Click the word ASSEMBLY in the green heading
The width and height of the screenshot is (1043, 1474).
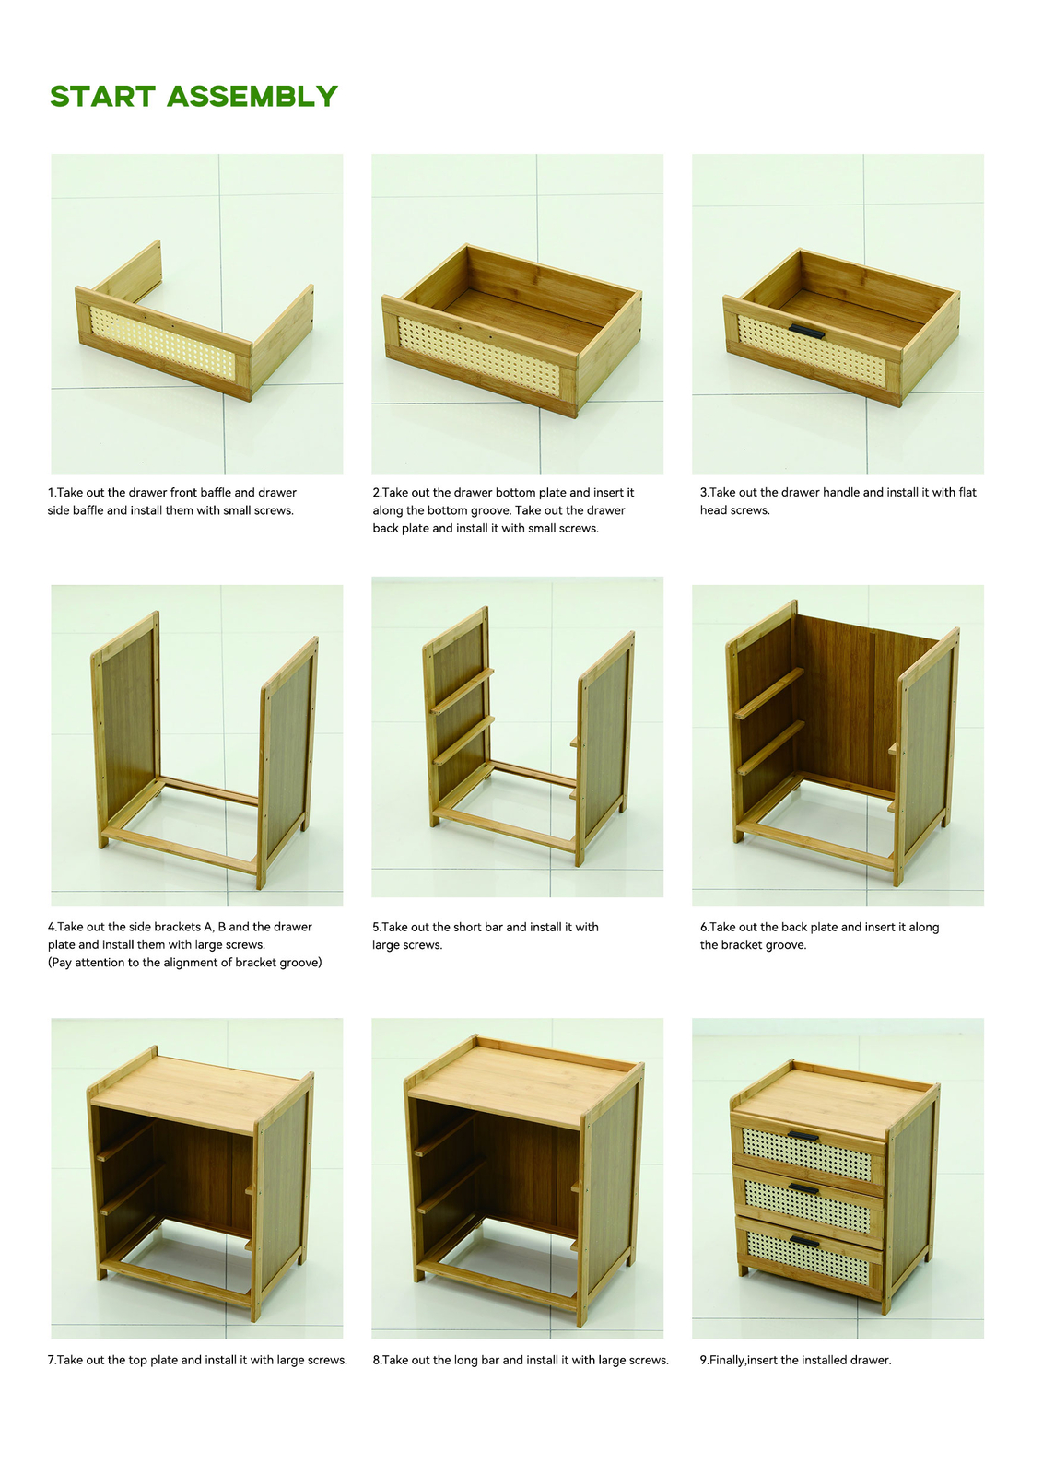[252, 96]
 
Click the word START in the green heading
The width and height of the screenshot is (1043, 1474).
[102, 96]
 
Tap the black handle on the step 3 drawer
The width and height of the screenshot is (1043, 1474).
[806, 331]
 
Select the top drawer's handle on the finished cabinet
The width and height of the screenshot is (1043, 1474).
[803, 1137]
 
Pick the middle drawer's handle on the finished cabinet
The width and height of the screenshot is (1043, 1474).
[803, 1188]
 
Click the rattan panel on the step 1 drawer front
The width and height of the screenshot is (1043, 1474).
[162, 343]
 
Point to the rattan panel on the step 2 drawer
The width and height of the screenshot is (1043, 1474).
[478, 357]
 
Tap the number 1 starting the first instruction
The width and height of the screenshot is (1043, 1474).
[51, 492]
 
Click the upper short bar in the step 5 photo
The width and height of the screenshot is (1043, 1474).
[463, 691]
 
